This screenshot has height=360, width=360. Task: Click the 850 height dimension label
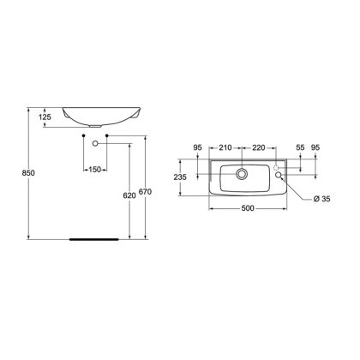[x=28, y=173]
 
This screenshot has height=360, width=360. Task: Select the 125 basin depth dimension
[x=45, y=117]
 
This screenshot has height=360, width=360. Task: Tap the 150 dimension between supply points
[x=95, y=170]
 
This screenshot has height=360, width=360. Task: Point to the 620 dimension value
[x=129, y=195]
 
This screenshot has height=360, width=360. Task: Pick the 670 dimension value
[x=145, y=192]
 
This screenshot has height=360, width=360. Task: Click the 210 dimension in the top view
[x=225, y=147]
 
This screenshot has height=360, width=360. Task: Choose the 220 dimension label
[x=259, y=147]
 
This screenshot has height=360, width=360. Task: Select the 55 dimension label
[x=300, y=147]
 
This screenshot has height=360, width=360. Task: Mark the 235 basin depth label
[x=180, y=177]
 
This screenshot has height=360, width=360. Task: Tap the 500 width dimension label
[x=248, y=208]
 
